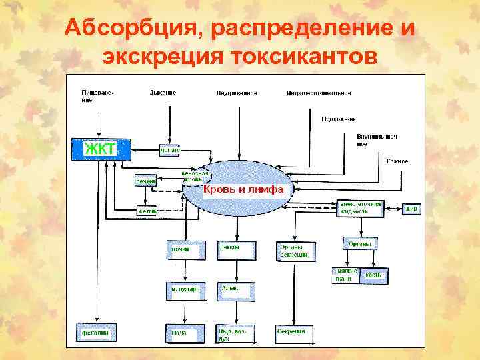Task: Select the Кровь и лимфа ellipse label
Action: tap(244, 189)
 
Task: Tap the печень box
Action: tap(145, 181)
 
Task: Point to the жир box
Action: tap(411, 209)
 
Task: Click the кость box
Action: tap(374, 275)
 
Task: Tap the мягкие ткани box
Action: tap(346, 275)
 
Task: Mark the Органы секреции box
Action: tap(295, 251)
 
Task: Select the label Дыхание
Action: tap(163, 93)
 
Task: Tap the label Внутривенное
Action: tap(237, 93)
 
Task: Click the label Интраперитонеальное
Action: tap(318, 93)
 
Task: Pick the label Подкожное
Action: tap(338, 119)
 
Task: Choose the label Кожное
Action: tap(397, 161)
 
